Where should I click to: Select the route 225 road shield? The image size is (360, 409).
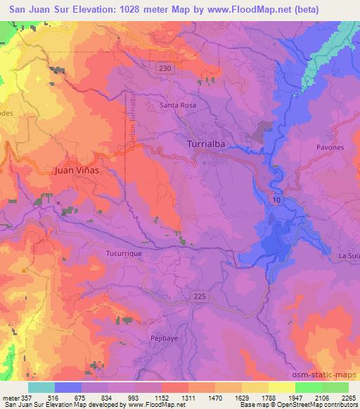200,297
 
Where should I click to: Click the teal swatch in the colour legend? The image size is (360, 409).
41,387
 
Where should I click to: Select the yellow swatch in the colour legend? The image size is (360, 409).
281,387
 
